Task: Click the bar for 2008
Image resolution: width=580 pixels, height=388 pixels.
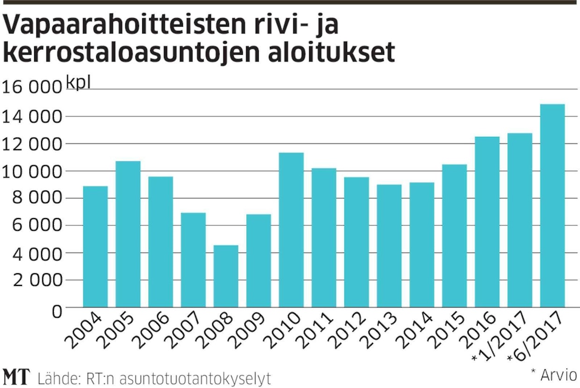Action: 226,276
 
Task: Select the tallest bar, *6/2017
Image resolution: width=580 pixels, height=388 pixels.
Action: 552,206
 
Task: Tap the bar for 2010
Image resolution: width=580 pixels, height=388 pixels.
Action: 291,230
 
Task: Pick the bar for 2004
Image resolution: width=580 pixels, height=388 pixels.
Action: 95,247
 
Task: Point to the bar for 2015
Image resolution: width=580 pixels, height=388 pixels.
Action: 455,236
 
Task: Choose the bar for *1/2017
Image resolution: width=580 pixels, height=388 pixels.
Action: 520,220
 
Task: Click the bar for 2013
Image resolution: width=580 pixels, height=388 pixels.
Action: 389,246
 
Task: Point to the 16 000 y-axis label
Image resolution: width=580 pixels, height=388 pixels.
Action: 32,88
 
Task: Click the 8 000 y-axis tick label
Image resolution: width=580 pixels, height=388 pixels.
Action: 32,198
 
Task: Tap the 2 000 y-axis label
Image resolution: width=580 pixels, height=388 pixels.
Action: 32,280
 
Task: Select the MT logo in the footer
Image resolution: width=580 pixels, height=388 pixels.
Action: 16,377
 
